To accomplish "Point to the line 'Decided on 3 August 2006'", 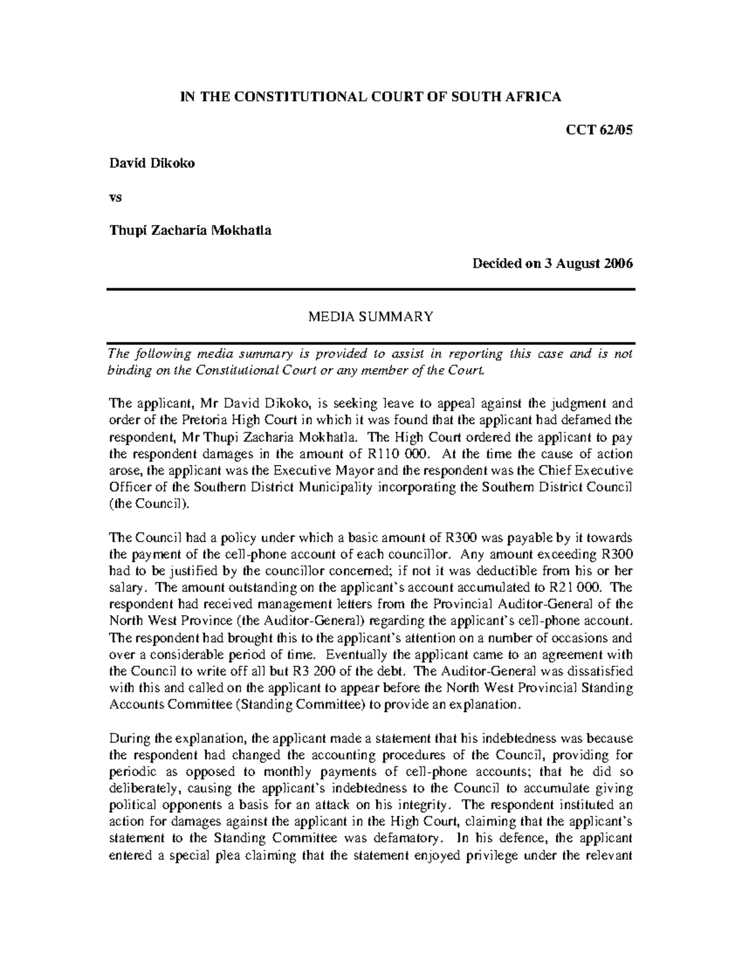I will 553,264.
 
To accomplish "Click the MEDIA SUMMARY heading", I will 371,317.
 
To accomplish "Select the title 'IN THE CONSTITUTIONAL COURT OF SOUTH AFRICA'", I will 370,96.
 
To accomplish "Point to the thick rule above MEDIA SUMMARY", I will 371,289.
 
